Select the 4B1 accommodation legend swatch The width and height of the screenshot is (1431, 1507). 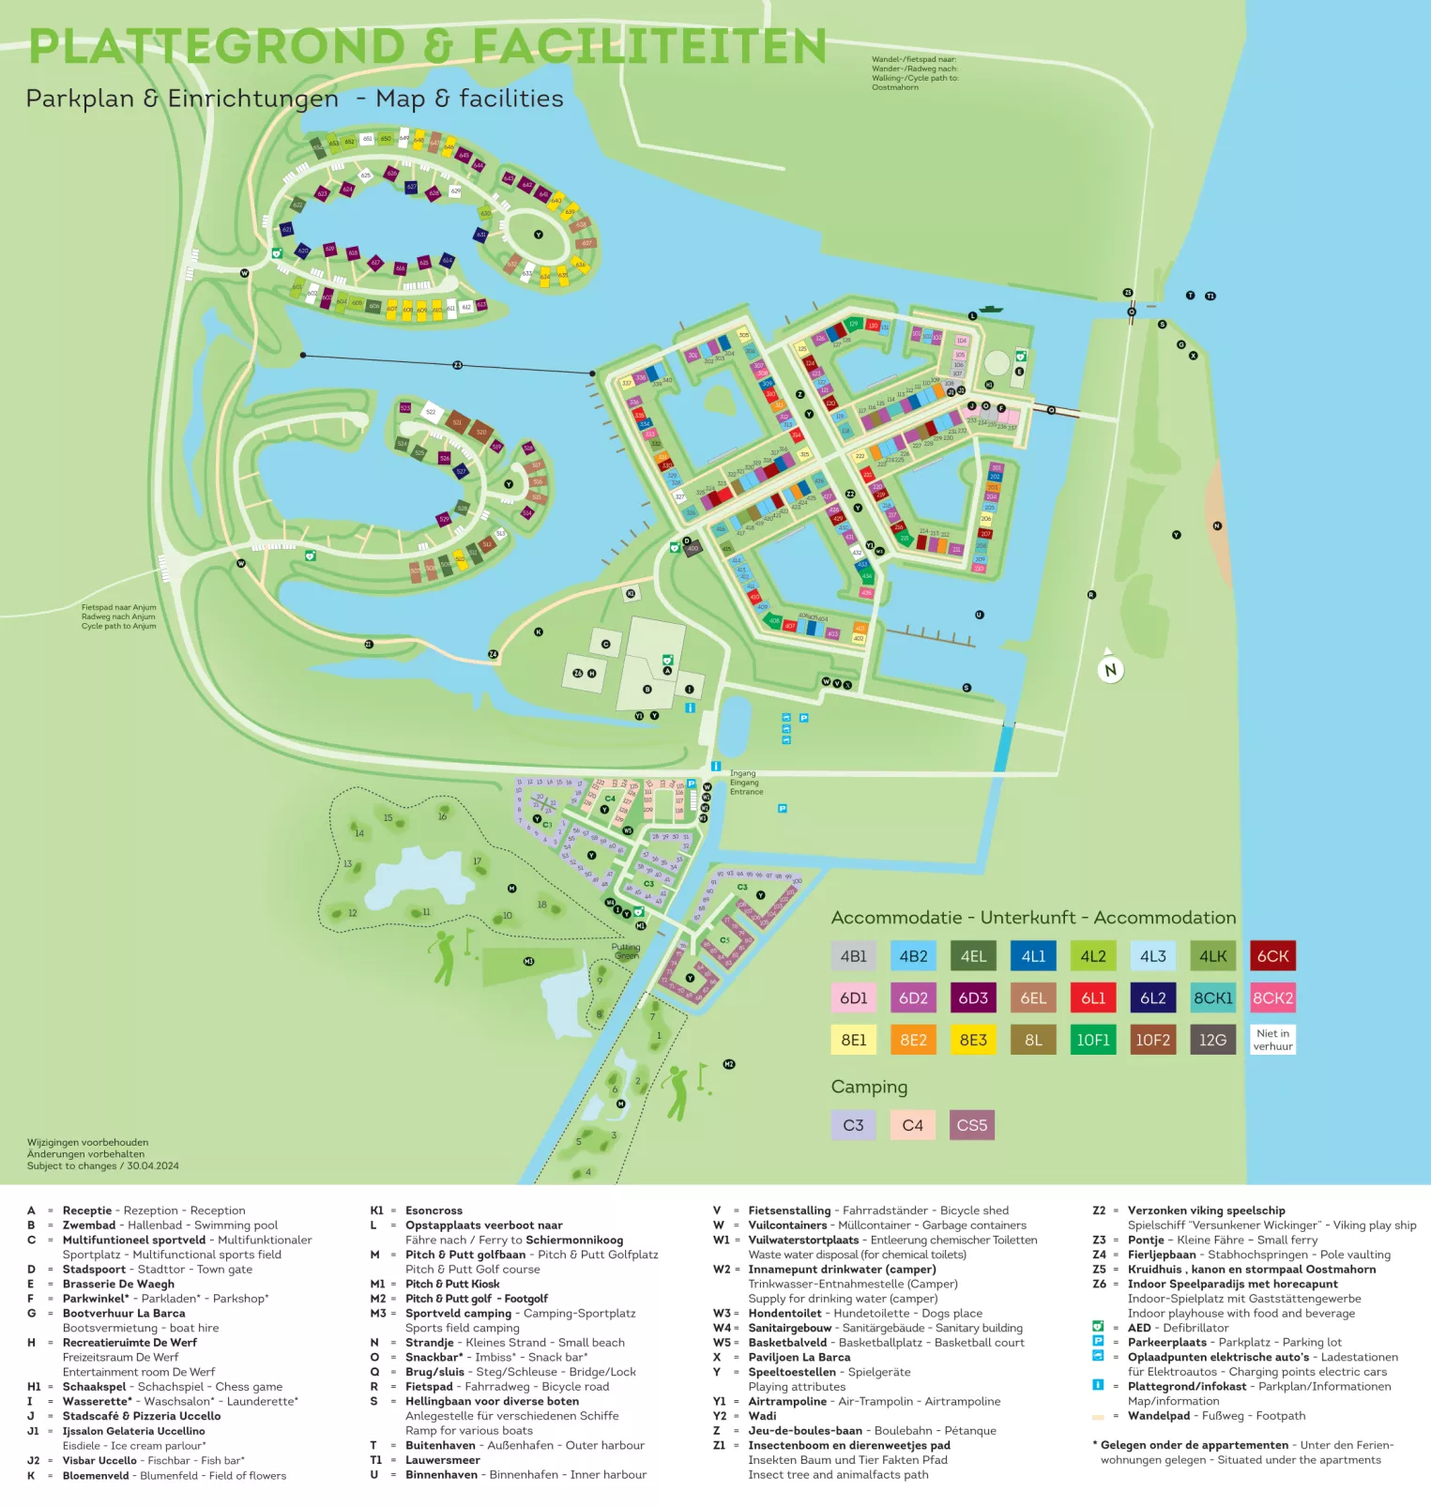click(x=853, y=956)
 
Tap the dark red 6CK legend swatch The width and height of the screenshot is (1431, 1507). click(x=1272, y=956)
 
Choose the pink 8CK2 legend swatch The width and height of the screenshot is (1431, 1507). click(x=1272, y=998)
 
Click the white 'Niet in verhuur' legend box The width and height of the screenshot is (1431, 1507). click(x=1272, y=1040)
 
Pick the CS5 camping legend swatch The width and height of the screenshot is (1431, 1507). click(x=971, y=1125)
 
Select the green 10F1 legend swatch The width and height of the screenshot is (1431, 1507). click(x=1093, y=1040)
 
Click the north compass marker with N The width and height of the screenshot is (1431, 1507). click(x=1111, y=670)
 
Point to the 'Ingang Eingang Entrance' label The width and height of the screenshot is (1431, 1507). click(x=746, y=783)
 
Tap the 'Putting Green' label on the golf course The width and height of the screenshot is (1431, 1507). click(x=626, y=951)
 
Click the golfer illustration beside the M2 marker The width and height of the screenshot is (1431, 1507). click(x=677, y=1090)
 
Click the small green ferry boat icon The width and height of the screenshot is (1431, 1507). click(x=991, y=309)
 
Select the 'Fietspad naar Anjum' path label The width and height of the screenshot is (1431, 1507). click(x=118, y=616)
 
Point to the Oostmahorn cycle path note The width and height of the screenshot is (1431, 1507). click(x=914, y=73)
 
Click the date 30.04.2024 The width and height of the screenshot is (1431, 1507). click(x=153, y=1166)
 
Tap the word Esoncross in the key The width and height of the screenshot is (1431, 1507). click(x=434, y=1210)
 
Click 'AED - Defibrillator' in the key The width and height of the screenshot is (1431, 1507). click(x=1177, y=1328)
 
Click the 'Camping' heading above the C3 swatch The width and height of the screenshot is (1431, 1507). click(x=869, y=1087)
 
